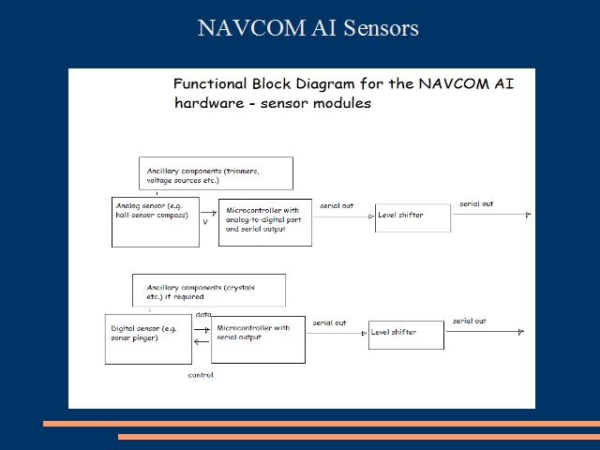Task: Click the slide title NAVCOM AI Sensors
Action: point(307,28)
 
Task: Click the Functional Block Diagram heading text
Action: point(342,93)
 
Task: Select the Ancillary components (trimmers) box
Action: point(216,173)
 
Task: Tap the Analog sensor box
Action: point(155,221)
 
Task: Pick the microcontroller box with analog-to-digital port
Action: point(265,222)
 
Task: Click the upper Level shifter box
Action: point(412,217)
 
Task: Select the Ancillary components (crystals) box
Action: point(209,290)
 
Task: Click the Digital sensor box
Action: point(147,338)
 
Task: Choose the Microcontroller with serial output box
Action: point(258,339)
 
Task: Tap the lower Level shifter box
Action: point(406,334)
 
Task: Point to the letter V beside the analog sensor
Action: point(205,222)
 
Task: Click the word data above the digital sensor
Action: point(203,314)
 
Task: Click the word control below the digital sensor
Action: point(201,375)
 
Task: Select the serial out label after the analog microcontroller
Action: point(337,205)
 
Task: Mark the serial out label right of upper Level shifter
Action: point(476,203)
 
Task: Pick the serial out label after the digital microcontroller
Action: point(330,322)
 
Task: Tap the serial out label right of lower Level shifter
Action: point(470,321)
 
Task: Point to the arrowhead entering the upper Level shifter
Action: point(370,217)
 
